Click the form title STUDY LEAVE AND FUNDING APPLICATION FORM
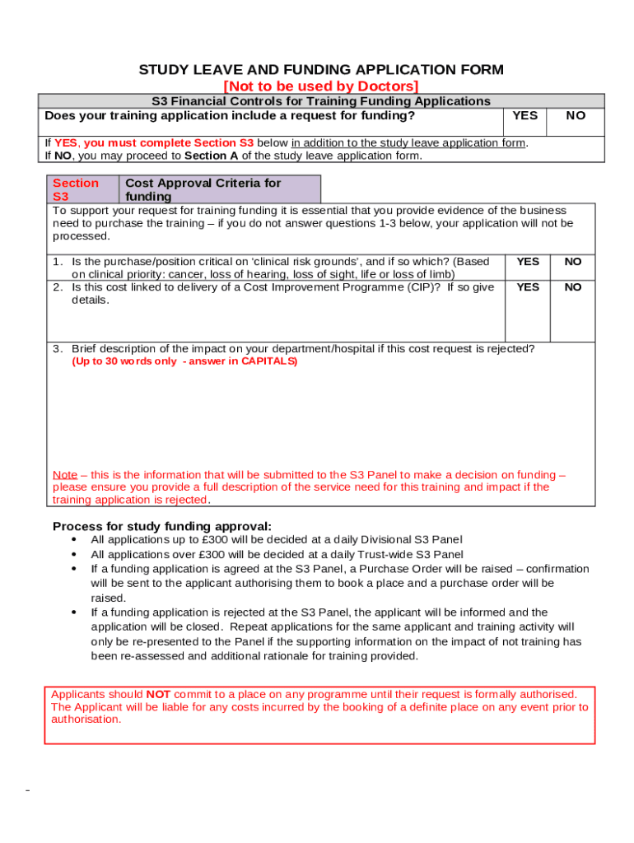point(321,70)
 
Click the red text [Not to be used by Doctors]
point(321,86)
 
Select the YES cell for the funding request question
point(524,116)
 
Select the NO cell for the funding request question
point(576,116)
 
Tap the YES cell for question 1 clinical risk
point(528,262)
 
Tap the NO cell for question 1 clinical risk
point(572,262)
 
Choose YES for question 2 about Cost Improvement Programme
point(528,287)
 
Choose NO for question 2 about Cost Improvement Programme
point(572,287)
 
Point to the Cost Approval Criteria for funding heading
point(203,189)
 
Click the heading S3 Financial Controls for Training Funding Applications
point(321,101)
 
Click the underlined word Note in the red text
point(65,475)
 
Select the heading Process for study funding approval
point(161,526)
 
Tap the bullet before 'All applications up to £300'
point(74,541)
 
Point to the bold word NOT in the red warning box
point(158,694)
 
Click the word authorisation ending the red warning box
point(86,719)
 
